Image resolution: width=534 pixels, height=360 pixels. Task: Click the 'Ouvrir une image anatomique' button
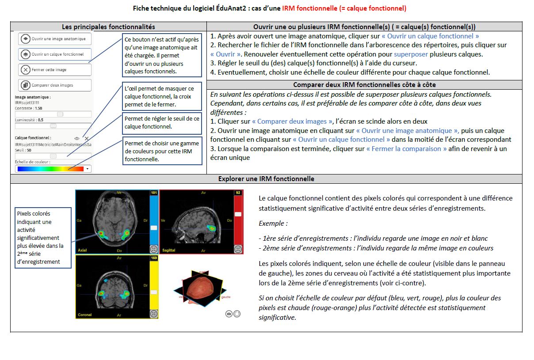tap(55, 39)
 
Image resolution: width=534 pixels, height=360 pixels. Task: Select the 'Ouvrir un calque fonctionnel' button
tap(55, 54)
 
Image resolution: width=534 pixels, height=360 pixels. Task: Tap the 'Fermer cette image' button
tap(55, 70)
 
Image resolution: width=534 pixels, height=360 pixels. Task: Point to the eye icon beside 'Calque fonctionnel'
tap(77, 138)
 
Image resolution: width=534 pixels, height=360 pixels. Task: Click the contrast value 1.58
tap(38, 108)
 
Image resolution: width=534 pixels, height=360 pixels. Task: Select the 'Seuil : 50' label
tap(23, 150)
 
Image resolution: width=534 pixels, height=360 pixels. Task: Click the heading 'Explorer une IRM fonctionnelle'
tap(266, 179)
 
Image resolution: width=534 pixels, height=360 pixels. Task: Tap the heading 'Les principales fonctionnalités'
tap(108, 27)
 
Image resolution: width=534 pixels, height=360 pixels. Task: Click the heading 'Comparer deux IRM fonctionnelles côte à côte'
tap(364, 85)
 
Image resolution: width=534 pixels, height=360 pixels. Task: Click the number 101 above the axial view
tap(154, 193)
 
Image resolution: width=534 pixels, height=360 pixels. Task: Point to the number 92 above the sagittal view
tap(238, 193)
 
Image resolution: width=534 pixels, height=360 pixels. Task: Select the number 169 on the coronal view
tap(154, 258)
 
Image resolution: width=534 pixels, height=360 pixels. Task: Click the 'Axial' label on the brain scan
tap(82, 250)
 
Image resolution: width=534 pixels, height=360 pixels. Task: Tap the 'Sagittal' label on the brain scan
tap(169, 250)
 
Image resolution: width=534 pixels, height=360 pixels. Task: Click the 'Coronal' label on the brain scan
tap(85, 315)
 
